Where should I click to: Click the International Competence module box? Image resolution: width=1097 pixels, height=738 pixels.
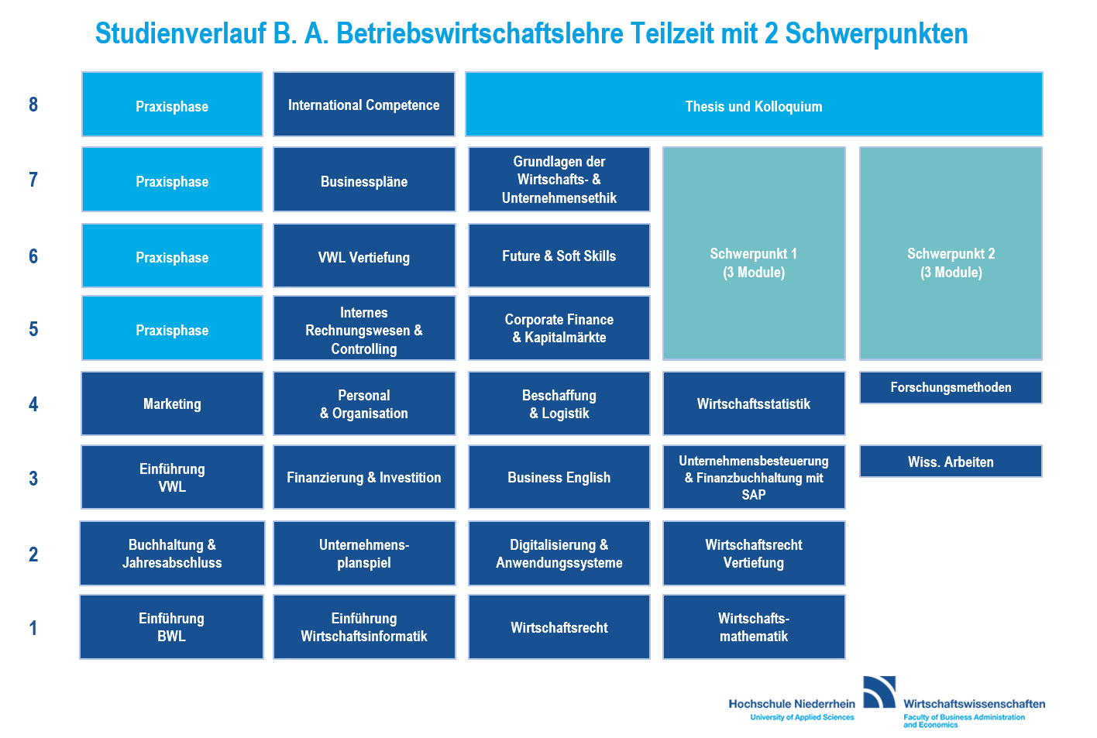click(364, 105)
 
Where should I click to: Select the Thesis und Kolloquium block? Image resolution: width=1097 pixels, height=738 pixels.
click(754, 105)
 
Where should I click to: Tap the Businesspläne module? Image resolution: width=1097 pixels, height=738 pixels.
click(364, 180)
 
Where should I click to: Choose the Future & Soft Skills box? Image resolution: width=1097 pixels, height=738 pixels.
click(559, 256)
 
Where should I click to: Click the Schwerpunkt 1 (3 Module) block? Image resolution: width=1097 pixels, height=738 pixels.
click(754, 253)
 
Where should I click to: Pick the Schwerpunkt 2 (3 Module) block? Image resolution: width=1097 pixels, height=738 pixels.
click(951, 253)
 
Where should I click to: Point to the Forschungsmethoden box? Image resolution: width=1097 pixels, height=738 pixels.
click(951, 388)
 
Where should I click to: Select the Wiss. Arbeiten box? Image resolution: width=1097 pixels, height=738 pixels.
click(951, 461)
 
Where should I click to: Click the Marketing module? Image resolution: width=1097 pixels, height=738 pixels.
click(172, 403)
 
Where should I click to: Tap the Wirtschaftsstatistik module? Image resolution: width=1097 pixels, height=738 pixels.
click(754, 403)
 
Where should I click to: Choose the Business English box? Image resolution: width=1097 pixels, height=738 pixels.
click(559, 477)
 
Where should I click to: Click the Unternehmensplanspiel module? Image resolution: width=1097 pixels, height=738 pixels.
click(364, 554)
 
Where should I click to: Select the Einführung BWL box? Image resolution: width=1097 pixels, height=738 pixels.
click(171, 627)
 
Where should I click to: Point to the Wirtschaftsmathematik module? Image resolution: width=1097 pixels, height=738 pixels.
click(754, 627)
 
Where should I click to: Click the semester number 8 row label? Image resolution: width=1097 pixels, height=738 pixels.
click(33, 105)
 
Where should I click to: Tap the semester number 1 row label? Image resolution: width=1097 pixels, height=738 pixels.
click(33, 628)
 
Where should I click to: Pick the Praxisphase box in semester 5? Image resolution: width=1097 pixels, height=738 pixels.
click(172, 328)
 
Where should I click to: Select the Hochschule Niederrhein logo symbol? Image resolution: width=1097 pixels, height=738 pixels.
click(879, 692)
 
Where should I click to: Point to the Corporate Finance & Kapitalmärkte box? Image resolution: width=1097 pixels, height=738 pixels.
click(559, 328)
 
